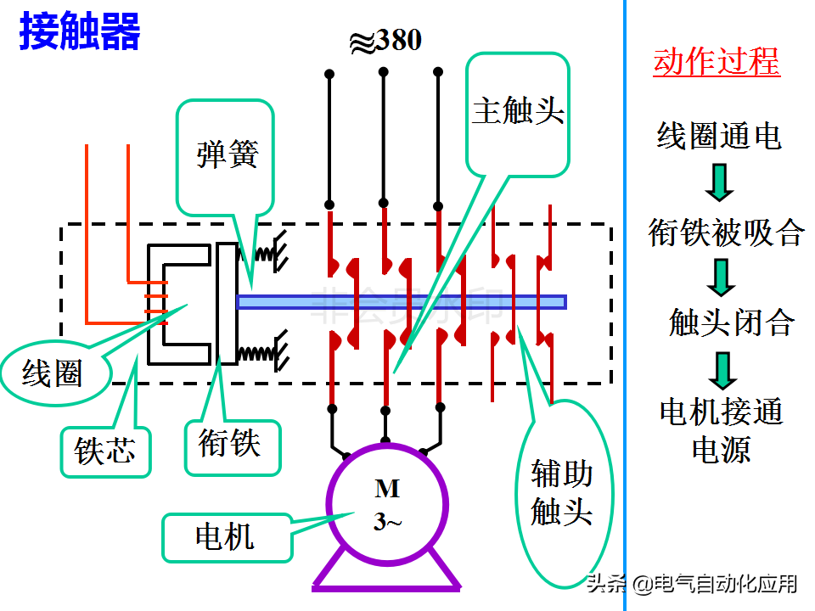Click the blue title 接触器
pos(80,31)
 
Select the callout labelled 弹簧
pos(226,156)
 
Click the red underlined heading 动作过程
pos(717,63)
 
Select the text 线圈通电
pos(718,136)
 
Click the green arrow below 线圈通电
pos(719,182)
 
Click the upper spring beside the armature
pos(262,253)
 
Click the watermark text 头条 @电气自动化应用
pos(692,584)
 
